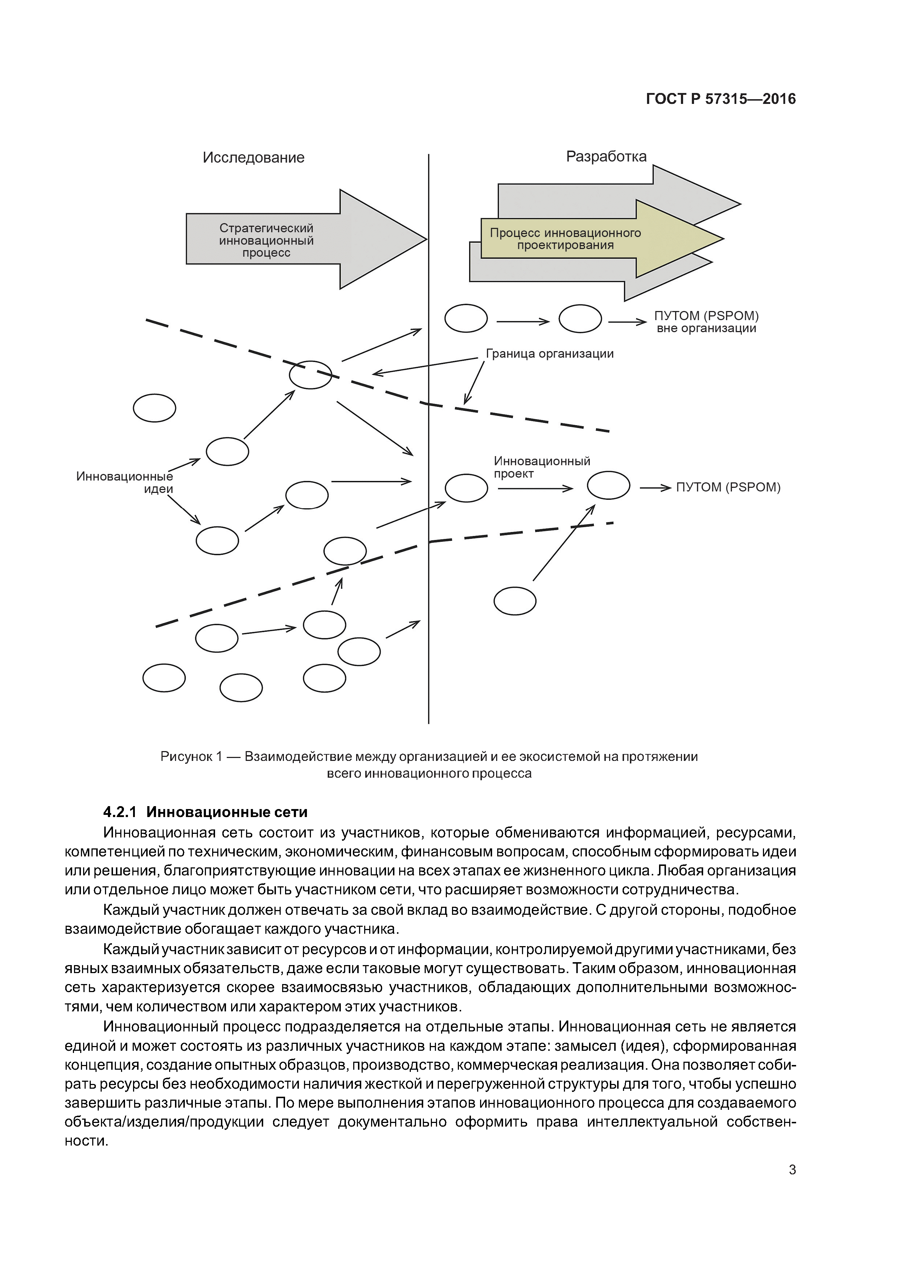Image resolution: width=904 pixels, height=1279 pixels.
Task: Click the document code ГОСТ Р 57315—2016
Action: (720, 99)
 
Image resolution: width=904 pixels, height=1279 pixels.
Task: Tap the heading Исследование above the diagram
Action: (253, 158)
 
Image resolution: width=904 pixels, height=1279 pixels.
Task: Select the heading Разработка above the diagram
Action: (606, 156)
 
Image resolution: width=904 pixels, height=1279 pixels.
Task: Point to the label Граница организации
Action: (549, 354)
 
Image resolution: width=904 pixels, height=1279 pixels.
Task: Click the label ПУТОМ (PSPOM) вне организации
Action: (706, 322)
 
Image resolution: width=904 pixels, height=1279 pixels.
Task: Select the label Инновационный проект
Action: (541, 467)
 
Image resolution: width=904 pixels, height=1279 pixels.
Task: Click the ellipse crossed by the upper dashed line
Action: (310, 374)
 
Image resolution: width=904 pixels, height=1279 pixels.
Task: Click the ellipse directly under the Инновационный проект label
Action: (466, 489)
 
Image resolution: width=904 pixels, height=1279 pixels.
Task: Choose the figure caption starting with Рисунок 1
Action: (429, 765)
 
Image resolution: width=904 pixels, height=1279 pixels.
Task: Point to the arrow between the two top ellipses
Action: (522, 322)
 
